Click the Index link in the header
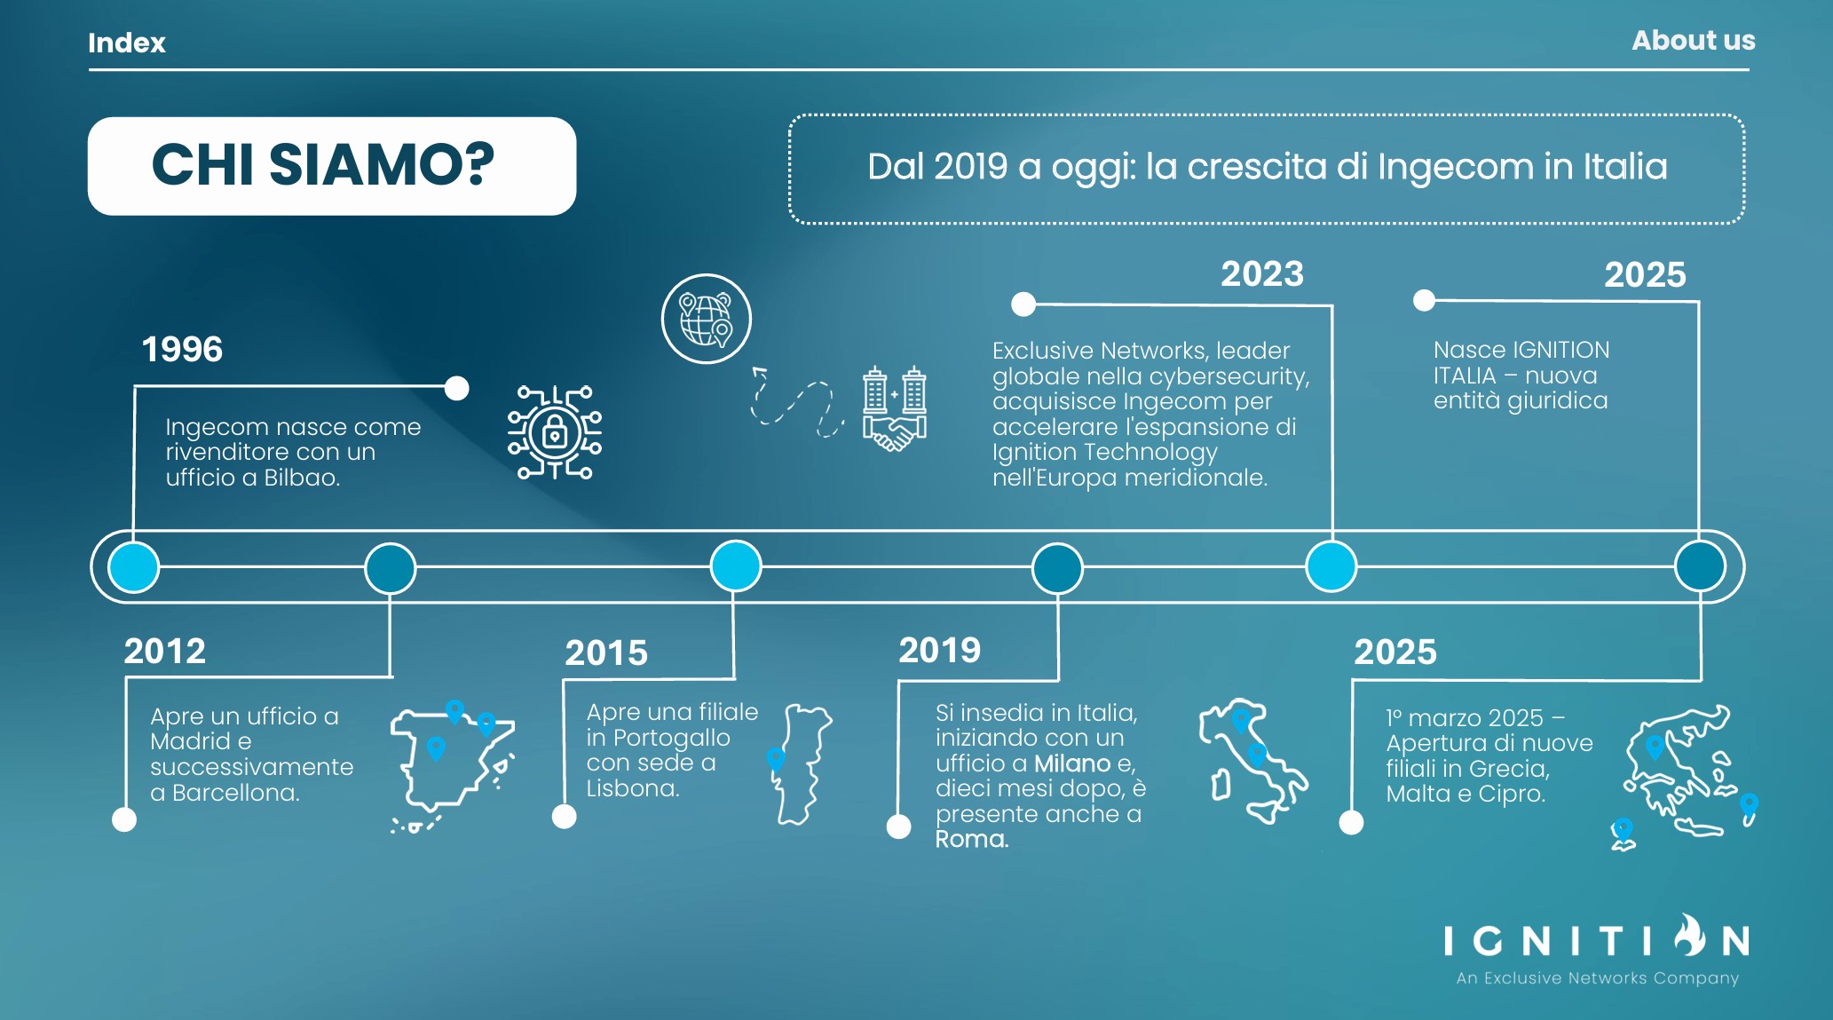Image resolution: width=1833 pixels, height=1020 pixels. (x=126, y=43)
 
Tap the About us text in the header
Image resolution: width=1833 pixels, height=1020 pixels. (x=1693, y=41)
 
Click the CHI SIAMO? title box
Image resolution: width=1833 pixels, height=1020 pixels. (x=332, y=166)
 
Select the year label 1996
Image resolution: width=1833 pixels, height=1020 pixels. (x=182, y=349)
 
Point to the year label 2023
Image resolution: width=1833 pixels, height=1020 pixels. (x=1262, y=273)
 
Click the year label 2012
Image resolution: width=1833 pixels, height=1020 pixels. (x=164, y=651)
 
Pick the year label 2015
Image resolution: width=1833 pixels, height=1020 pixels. (x=606, y=652)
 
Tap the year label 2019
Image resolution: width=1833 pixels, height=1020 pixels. (x=940, y=650)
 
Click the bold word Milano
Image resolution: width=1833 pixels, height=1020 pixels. (x=1072, y=763)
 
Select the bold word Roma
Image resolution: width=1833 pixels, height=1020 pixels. (x=971, y=839)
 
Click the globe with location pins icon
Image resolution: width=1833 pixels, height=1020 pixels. (x=707, y=319)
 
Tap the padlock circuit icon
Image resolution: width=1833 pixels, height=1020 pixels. (x=555, y=432)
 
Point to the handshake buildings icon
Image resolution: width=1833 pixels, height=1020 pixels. (x=895, y=408)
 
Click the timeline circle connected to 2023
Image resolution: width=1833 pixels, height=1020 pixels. (x=1331, y=566)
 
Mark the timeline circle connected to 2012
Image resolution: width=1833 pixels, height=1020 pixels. (x=391, y=568)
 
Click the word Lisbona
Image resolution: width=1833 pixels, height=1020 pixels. (x=632, y=788)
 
